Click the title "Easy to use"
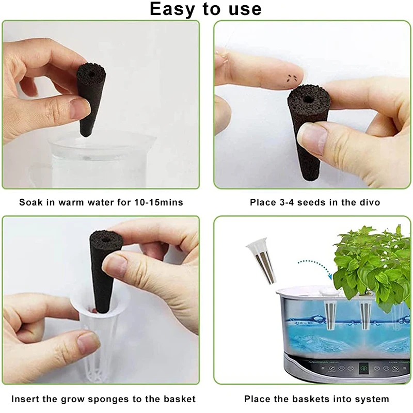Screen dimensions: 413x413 click(x=205, y=9)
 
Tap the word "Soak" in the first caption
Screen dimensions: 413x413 click(x=31, y=202)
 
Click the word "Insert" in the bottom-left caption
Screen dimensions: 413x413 click(x=25, y=399)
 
